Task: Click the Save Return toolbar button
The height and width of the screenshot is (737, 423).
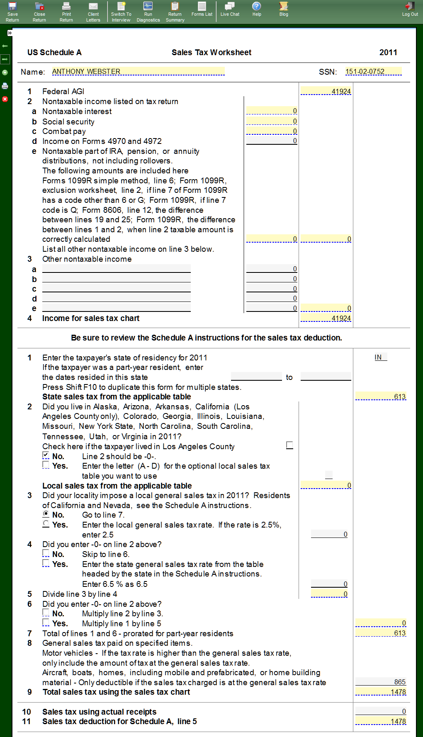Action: (12, 11)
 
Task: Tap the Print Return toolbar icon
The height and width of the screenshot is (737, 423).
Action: (66, 11)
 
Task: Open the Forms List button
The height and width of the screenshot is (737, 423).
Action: (202, 9)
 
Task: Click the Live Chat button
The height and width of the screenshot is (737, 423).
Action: (230, 9)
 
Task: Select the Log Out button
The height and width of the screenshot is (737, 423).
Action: (410, 9)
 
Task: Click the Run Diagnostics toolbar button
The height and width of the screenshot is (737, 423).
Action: (148, 11)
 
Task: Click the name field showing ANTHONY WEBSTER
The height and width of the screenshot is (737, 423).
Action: (138, 71)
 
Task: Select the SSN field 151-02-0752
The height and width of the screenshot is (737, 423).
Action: (373, 71)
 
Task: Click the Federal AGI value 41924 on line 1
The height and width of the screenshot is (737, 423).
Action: (326, 91)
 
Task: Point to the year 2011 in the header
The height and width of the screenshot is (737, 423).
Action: (388, 52)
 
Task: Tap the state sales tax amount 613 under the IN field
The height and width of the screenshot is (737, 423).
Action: (381, 396)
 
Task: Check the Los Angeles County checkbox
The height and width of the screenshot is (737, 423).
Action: (289, 445)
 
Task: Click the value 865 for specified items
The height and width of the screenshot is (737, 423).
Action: (381, 682)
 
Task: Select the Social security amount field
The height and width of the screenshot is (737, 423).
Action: (272, 121)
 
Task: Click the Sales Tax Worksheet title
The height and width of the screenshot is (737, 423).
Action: (211, 52)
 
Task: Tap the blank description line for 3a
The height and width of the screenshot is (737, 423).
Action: (116, 269)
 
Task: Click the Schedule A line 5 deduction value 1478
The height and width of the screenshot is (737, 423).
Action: (381, 721)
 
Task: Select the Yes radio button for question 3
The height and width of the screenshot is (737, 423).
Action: (46, 524)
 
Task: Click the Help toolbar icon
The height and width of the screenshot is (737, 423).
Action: (257, 9)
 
